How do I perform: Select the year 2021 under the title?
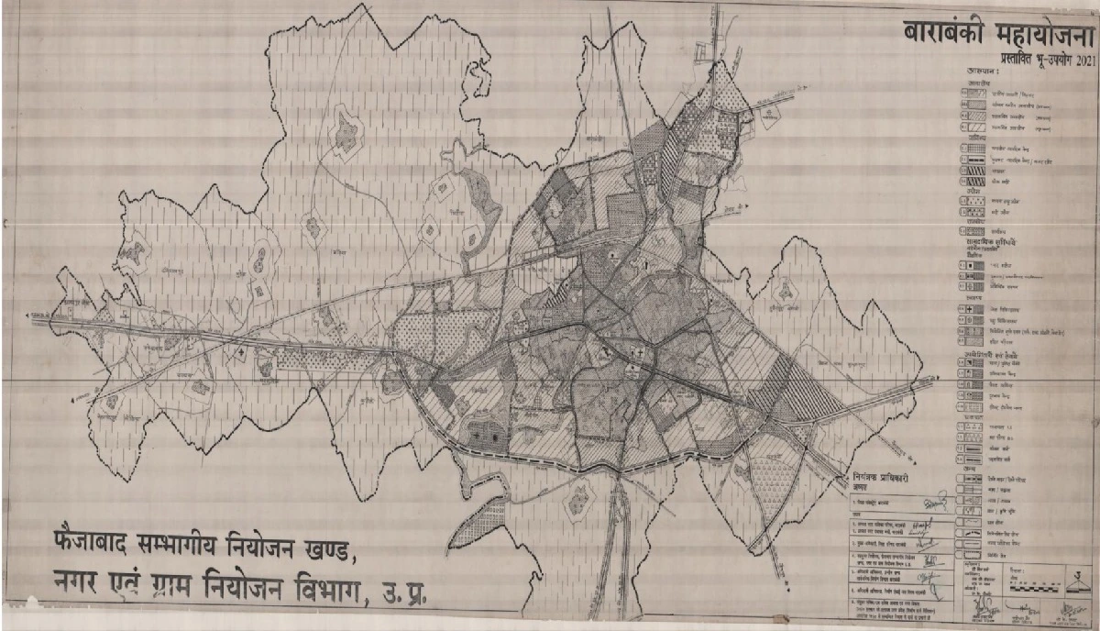[x=1083, y=61]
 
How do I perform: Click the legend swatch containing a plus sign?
[x=972, y=310]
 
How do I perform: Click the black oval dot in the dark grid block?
[x=496, y=437]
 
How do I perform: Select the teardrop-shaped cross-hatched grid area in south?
[x=579, y=501]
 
